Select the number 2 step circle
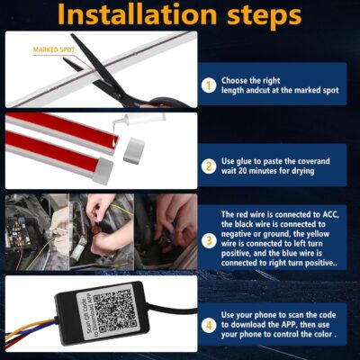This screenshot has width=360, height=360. pos(208,166)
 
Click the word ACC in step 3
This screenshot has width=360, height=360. pos(335,215)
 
